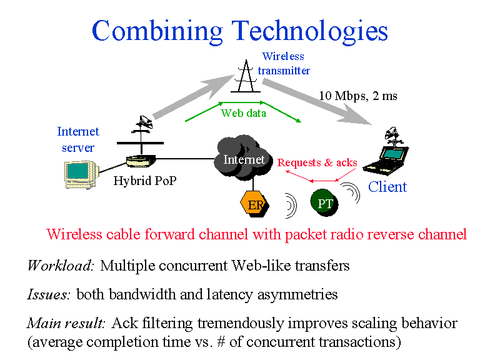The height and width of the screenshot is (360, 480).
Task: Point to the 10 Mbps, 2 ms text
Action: [358, 96]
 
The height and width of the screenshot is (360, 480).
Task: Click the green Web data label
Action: [243, 113]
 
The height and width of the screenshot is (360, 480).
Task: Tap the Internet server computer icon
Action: [81, 173]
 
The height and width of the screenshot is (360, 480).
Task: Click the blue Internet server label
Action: [78, 139]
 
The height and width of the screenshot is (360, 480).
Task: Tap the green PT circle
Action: [324, 203]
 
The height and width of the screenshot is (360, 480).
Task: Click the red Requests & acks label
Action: [317, 162]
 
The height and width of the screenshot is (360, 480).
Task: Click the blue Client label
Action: [387, 186]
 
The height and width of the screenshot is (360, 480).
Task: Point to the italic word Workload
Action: [60, 265]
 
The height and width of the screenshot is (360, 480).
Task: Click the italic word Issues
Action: [48, 294]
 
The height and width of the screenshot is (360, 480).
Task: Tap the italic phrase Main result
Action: [67, 324]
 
